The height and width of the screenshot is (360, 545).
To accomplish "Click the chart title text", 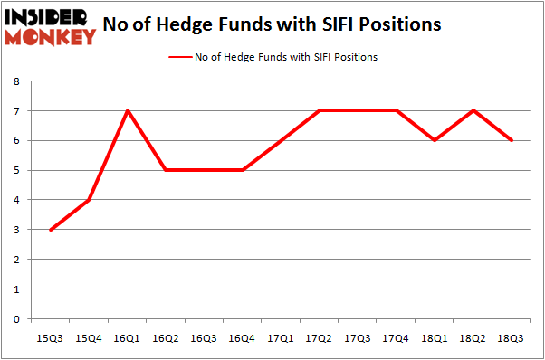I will (272, 24).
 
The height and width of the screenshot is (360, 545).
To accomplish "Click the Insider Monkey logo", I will (51, 26).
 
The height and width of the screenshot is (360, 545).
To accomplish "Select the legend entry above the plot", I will (272, 57).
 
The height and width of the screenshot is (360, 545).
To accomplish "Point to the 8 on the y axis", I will (17, 81).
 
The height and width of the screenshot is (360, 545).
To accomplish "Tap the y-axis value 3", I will (17, 230).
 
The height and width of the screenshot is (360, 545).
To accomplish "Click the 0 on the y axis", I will (17, 318).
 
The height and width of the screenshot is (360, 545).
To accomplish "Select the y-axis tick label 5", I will (17, 170).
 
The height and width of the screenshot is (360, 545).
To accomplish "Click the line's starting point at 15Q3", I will (50, 230).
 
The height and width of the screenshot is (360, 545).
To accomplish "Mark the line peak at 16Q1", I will (128, 110).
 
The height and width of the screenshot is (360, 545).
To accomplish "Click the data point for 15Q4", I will (89, 200).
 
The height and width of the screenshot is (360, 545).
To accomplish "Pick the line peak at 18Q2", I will (473, 110).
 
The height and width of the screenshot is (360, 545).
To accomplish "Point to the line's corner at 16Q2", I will (166, 170).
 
